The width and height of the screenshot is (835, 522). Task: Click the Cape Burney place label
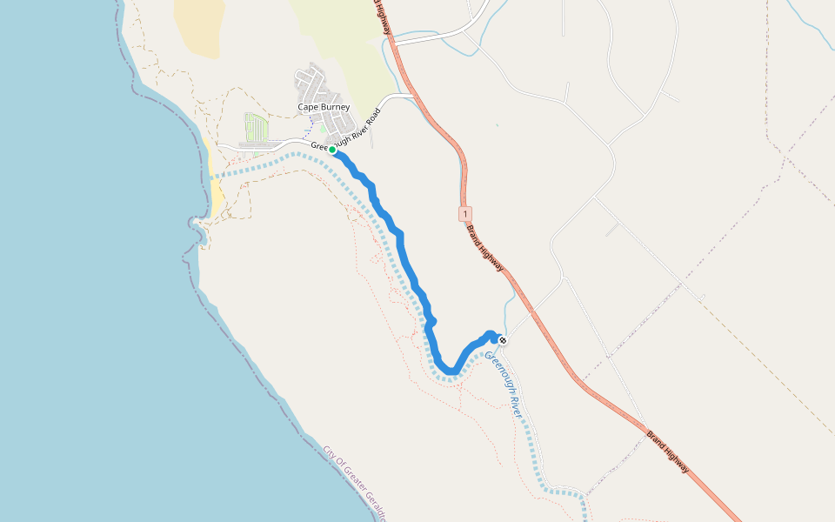(x=324, y=107)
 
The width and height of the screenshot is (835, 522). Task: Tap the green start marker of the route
(x=332, y=150)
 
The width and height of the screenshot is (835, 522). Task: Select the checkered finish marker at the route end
(x=502, y=339)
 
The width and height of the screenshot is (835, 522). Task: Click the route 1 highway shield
(x=466, y=213)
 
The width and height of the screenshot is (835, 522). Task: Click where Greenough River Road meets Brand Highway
(x=410, y=94)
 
